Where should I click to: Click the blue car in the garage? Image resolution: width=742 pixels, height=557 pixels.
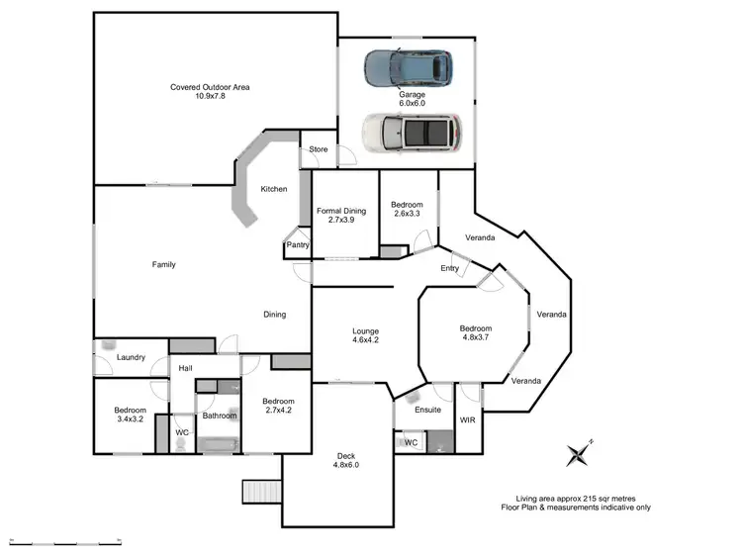[408, 67]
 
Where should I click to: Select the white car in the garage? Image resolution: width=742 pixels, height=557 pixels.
[411, 131]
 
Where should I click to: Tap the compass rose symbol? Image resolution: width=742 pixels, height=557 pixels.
[578, 453]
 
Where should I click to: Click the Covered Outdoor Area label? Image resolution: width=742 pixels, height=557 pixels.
[210, 91]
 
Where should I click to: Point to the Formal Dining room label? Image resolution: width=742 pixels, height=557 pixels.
[341, 215]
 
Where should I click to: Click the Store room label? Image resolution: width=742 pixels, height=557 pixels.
[319, 149]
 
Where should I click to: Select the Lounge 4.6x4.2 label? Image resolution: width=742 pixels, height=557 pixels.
[365, 335]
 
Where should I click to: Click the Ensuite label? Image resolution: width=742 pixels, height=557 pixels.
[427, 410]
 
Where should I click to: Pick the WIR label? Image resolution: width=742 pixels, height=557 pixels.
[468, 419]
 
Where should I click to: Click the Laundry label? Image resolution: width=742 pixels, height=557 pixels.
[131, 358]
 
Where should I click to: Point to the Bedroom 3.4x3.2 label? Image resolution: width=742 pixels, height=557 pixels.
[130, 415]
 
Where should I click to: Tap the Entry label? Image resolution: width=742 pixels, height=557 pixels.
[450, 268]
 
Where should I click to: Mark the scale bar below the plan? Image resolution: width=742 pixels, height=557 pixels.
[63, 542]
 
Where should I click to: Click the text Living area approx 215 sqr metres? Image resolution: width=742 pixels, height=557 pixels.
[575, 500]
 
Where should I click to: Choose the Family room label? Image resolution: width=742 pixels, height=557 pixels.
[163, 264]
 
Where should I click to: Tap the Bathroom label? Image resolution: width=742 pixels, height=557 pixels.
[218, 417]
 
